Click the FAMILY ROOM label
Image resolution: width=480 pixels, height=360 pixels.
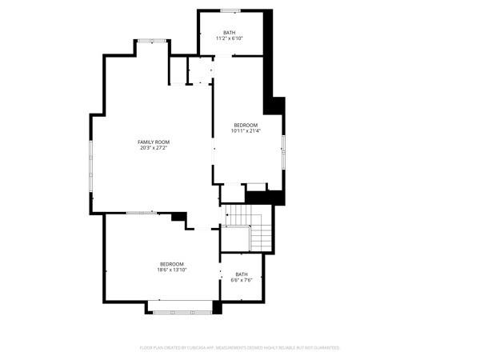click(154, 142)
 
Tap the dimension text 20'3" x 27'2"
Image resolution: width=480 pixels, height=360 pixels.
click(154, 148)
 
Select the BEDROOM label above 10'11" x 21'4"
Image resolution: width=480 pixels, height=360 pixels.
click(246, 125)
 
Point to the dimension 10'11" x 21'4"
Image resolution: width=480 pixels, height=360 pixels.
click(246, 131)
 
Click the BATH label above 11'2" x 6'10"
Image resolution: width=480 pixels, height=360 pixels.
click(230, 32)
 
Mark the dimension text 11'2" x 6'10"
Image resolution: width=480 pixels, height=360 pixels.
click(230, 38)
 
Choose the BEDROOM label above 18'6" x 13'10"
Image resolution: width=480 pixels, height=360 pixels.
click(171, 264)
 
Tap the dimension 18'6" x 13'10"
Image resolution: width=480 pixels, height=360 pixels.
click(171, 270)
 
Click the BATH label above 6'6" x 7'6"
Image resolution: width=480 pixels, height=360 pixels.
click(241, 274)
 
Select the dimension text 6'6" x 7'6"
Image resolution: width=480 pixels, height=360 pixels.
click(241, 281)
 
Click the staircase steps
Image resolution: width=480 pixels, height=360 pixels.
click(248, 224)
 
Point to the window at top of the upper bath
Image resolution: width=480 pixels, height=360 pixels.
click(230, 11)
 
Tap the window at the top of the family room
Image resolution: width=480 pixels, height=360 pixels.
click(151, 40)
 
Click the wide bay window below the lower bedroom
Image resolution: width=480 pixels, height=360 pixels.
click(181, 311)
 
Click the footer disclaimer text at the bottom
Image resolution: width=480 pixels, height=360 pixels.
click(240, 348)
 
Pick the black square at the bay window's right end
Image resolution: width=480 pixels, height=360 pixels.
click(217, 307)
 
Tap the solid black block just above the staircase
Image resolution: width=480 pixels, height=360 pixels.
click(265, 197)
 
